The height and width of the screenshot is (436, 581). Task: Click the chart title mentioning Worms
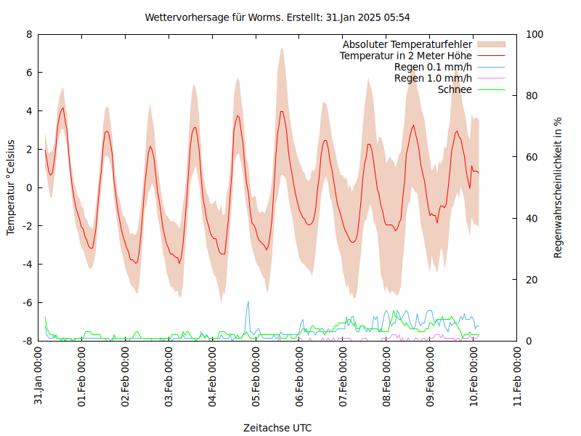283,17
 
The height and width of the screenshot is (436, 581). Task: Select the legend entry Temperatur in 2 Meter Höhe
406,56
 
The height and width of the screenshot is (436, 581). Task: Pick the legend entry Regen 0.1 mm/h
433,68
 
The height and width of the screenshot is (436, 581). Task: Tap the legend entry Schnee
455,89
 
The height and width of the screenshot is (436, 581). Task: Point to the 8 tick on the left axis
29,34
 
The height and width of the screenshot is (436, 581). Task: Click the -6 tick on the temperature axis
27,302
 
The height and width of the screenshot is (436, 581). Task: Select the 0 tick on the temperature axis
29,187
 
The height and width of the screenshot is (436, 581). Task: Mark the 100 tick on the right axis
535,34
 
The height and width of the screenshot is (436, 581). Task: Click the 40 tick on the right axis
532,218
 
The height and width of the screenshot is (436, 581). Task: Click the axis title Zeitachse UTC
277,428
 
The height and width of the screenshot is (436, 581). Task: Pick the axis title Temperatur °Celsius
11,187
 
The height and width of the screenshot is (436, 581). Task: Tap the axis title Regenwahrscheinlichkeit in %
558,187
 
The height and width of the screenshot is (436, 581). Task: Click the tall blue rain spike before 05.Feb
248,304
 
